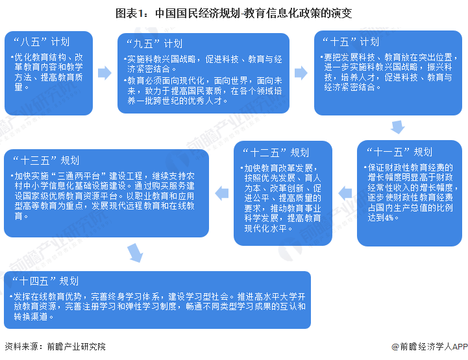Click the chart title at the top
pos(234,14)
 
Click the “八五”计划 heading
pos(41,42)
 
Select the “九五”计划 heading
pos(154,44)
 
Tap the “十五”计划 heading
pos(351,42)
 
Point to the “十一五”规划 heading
pos(399,152)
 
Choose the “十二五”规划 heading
pos(276,152)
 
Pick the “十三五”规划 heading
pos(46,160)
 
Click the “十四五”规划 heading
pos(45,281)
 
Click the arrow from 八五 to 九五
pos(105,73)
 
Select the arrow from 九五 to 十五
pos(301,73)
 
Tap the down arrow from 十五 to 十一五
pos(398,127)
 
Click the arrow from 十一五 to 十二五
pos(345,193)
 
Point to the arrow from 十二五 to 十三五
pos(222,193)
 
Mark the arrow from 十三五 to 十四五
pos(135,253)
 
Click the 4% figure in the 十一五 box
pos(389,218)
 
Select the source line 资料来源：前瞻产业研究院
pos(55,346)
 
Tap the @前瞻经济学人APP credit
pos(430,346)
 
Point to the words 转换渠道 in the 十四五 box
pos(31,317)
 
